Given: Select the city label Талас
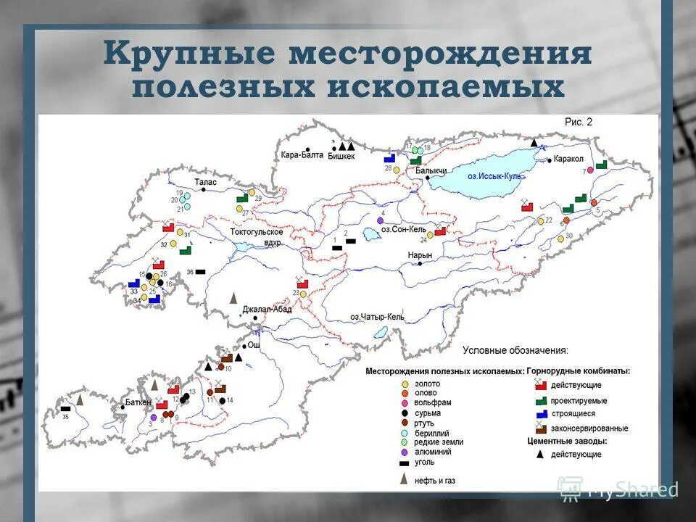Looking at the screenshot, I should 205,183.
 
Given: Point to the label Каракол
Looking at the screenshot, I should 568,159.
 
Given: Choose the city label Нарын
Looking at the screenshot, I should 420,255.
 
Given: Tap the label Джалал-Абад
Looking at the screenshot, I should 267,309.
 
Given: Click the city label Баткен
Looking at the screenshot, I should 138,402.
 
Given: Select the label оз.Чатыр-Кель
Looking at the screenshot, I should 377,317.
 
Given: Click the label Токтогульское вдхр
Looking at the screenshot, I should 257,236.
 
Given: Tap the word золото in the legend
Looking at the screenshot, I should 428,384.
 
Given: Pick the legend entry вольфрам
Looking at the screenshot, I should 432,402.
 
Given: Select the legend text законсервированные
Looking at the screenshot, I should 589,428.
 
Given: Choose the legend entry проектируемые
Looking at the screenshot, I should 579,400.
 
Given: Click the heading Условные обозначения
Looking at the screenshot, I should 515,350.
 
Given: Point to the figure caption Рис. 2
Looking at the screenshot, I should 579,123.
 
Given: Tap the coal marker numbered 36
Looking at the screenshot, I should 201,271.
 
